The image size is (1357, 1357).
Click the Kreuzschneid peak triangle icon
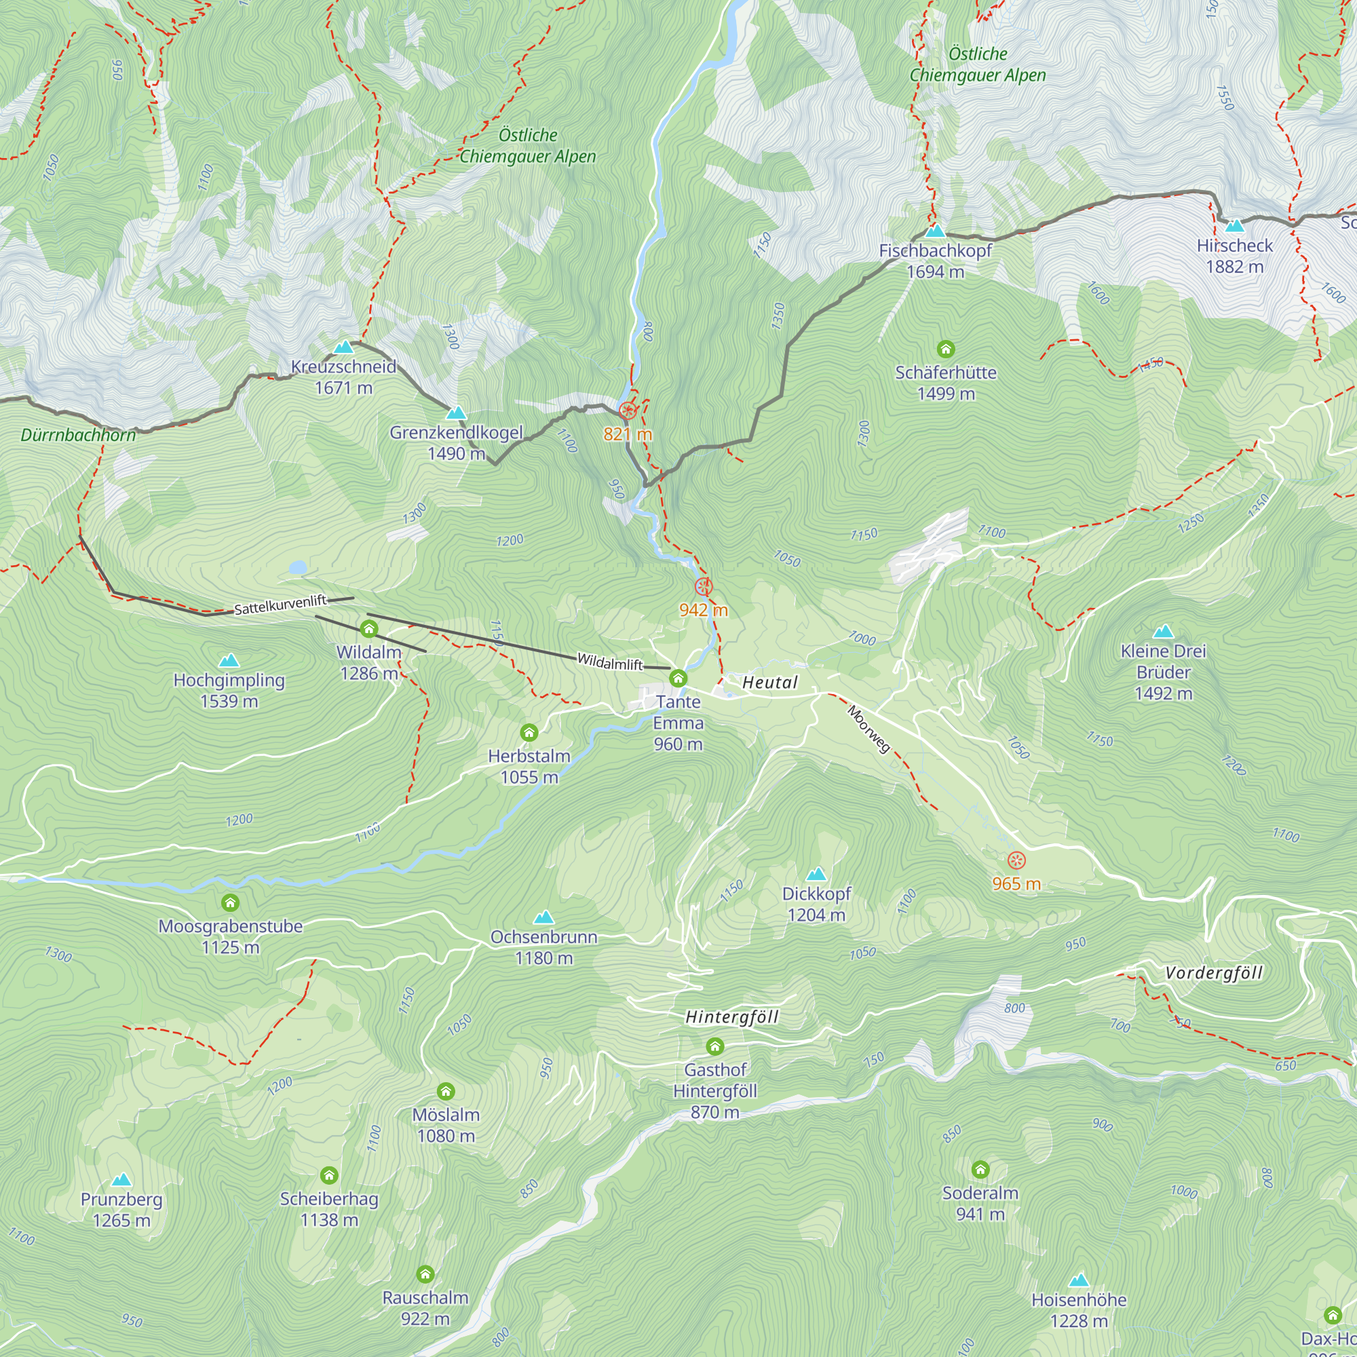343,347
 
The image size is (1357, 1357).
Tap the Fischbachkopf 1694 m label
935,261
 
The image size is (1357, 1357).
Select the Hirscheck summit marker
1234,226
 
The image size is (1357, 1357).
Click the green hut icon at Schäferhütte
945,349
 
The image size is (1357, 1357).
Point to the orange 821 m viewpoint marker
628,411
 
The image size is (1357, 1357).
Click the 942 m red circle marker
703,586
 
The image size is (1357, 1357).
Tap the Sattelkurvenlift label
280,605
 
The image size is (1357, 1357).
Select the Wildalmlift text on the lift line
609,662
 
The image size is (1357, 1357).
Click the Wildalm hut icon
368,630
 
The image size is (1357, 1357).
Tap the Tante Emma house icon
678,678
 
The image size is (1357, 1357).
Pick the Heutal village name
770,683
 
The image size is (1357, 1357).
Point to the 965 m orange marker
1016,860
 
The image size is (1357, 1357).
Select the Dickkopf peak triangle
816,875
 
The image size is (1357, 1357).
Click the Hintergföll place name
731,1017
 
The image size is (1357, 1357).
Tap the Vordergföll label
1213,973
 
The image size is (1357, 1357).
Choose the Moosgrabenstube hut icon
231,902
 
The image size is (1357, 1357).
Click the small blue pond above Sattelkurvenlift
298,567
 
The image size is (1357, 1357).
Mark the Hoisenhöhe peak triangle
1078,1280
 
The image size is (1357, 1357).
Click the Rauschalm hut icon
425,1274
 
